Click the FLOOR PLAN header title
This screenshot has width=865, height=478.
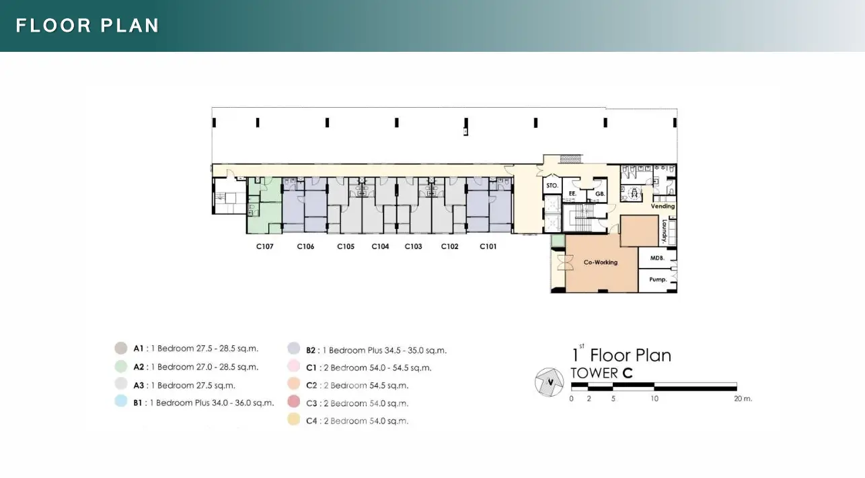tap(87, 26)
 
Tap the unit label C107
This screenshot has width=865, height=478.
tap(265, 246)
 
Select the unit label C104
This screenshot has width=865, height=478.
tap(380, 246)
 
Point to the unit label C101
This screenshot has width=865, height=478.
tap(488, 246)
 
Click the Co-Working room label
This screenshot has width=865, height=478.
tap(601, 263)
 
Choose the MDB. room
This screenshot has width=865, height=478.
tap(657, 258)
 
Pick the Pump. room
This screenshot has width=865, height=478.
tap(658, 280)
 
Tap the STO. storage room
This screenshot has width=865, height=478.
tap(552, 186)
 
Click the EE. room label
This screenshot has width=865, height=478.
tap(572, 194)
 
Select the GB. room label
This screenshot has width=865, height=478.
tap(600, 194)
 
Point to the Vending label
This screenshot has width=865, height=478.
tap(663, 206)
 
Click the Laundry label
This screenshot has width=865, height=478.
tap(665, 232)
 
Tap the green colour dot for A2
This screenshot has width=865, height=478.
tap(121, 366)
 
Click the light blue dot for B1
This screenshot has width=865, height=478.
tap(121, 401)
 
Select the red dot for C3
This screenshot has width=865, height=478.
tap(294, 401)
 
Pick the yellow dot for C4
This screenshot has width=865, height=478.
tap(294, 419)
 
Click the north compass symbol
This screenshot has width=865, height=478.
tap(549, 382)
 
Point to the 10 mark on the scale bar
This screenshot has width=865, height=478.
tap(654, 399)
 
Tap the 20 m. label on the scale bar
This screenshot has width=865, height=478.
tap(743, 399)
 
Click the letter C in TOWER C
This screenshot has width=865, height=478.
tap(628, 373)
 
